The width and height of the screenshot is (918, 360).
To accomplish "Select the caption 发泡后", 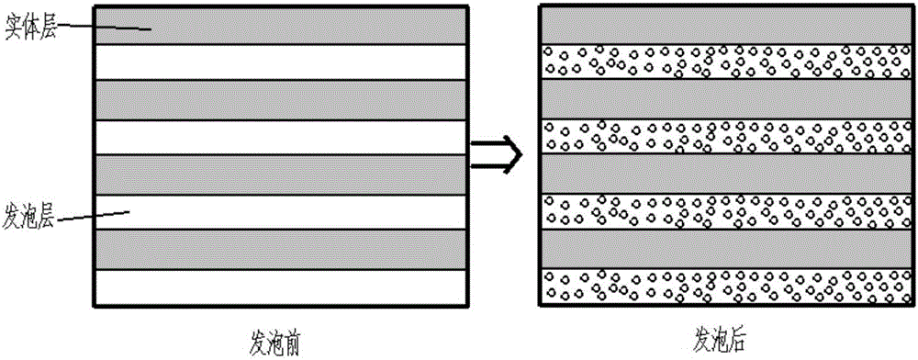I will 725,341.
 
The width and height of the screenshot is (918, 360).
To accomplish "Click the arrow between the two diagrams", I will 497,153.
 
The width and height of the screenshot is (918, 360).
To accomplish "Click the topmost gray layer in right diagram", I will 724,25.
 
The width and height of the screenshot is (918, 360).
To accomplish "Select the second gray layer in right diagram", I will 724,99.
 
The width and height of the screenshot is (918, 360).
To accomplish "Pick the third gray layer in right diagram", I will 724,174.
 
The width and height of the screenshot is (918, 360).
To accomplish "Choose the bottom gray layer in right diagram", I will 724,248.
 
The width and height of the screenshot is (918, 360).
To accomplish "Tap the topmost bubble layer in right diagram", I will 724,61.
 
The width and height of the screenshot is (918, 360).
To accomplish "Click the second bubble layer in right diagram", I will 724,136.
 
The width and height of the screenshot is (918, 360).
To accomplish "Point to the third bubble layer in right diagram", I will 724,210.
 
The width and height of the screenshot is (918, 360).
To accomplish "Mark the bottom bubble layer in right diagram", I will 724,285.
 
